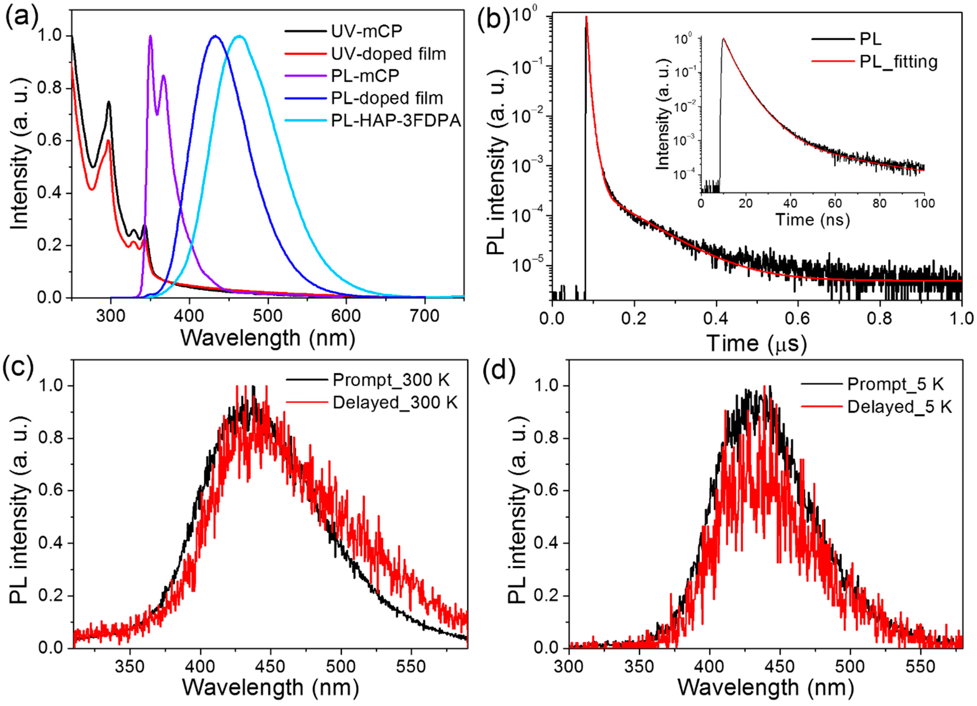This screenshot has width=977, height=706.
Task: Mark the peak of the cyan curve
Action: point(240,36)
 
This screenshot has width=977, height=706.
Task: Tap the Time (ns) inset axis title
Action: point(813,220)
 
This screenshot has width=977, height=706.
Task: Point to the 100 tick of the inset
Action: point(924,202)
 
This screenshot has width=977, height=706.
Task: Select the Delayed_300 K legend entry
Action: point(394,403)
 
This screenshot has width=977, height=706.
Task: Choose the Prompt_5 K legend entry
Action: point(895,384)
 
